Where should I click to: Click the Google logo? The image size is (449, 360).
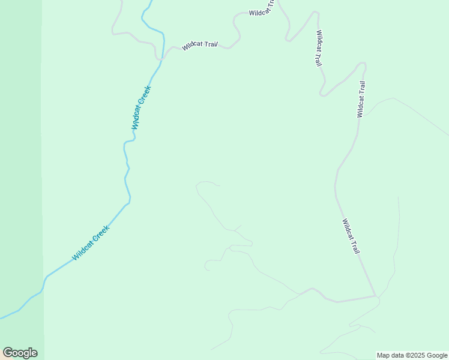pos(20,353)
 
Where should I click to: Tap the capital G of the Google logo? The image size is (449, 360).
pos(8,353)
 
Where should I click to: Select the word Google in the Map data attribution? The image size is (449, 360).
pos(437,355)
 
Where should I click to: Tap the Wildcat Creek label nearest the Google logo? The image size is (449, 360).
pos(91,242)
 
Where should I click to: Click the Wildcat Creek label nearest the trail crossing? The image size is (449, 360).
pos(141,107)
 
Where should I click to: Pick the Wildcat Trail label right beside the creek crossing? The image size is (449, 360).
pos(199,45)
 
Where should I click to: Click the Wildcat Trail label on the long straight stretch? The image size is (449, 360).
pos(351,236)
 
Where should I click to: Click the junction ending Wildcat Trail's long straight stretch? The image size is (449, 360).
pos(375,295)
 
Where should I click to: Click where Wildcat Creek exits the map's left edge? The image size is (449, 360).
pos(1,318)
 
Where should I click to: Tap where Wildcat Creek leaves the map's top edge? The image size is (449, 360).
pos(149,1)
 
